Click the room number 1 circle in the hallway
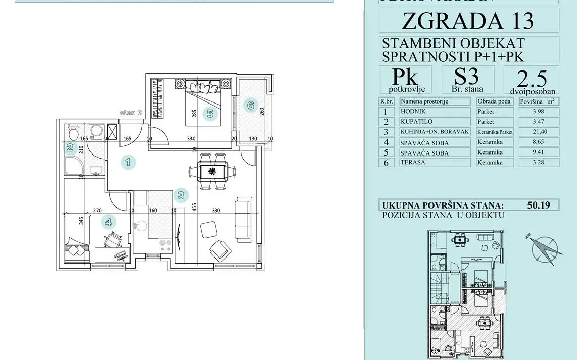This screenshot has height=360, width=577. coord(128,162)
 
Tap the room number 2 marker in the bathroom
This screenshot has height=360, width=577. coord(70,148)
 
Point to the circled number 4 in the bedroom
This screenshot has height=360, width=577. coord(107,221)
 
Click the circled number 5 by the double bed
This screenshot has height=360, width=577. coord(210,114)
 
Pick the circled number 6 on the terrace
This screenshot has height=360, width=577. coord(249,106)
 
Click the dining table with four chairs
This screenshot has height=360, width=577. coord(212,172)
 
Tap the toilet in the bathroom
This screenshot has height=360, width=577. coord(72,134)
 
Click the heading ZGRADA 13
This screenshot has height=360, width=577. coord(468,21)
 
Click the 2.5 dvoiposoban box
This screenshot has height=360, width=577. coord(531,79)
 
